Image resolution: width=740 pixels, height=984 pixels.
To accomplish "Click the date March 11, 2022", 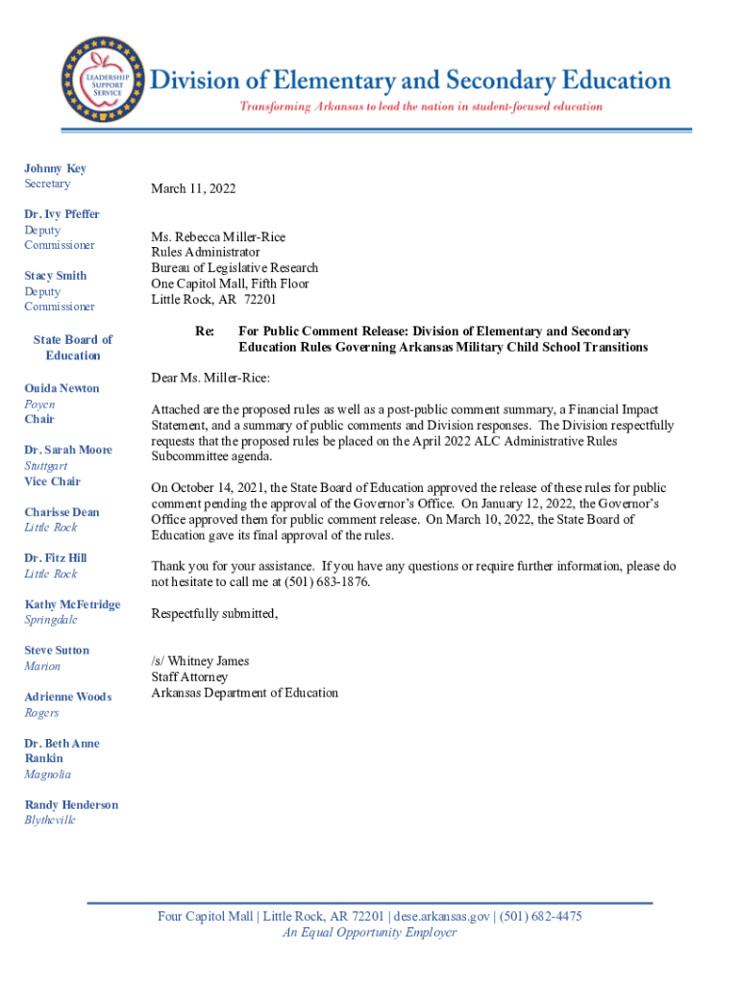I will (x=193, y=189).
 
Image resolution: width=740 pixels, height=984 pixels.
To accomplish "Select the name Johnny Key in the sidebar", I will (x=55, y=168).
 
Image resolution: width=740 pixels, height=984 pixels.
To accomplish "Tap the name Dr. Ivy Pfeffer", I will (x=62, y=214).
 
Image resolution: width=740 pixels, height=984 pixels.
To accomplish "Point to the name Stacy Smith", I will (x=55, y=276).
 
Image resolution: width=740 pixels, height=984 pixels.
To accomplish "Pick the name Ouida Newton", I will (x=62, y=388).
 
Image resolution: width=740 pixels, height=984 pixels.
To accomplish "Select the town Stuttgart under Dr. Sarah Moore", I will (x=45, y=466).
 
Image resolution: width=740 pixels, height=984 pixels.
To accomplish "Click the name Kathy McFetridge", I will (x=72, y=604).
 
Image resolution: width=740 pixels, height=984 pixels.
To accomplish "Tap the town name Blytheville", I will (x=49, y=821).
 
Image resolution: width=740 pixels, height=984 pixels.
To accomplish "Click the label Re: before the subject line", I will (x=205, y=332).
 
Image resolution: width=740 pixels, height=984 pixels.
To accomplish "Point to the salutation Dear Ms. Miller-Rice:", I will (x=210, y=378).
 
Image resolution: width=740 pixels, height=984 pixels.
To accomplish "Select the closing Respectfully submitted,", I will (x=214, y=614).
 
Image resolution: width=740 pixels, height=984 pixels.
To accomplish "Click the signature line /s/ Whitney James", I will (x=200, y=661).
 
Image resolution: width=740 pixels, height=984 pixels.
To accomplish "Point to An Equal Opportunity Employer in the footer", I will (x=369, y=933).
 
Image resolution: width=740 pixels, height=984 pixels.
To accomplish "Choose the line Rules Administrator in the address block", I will (x=206, y=253).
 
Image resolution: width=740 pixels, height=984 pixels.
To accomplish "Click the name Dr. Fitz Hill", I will (x=55, y=558).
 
